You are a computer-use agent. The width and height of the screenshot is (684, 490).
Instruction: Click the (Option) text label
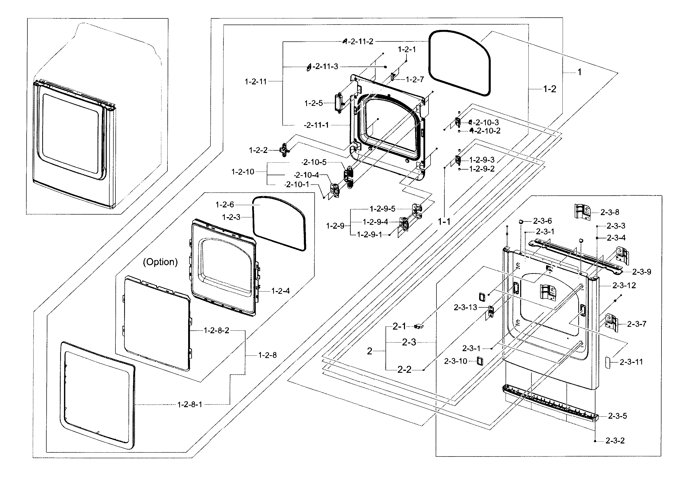click(x=160, y=262)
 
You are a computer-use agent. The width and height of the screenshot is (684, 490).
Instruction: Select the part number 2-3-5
click(x=617, y=416)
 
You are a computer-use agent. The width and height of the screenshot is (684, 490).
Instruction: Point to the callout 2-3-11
click(x=631, y=362)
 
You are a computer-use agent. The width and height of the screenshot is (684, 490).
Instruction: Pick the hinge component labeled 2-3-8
click(x=582, y=212)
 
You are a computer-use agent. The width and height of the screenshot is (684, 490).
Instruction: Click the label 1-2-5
click(x=314, y=103)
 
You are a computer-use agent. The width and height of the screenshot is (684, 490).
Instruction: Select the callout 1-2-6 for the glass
click(x=225, y=205)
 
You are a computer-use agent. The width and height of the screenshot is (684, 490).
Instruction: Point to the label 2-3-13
click(x=465, y=307)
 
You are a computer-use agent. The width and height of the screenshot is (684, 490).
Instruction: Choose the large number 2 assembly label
click(x=369, y=351)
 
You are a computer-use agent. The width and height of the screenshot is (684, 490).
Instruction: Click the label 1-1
click(x=444, y=222)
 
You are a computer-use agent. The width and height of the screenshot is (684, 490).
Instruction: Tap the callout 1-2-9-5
click(x=382, y=209)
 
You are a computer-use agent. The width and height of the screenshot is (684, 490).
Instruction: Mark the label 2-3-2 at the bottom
click(x=615, y=441)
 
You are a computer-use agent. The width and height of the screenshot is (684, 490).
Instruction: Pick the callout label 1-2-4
click(x=281, y=291)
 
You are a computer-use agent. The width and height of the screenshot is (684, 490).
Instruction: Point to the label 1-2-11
click(x=256, y=81)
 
